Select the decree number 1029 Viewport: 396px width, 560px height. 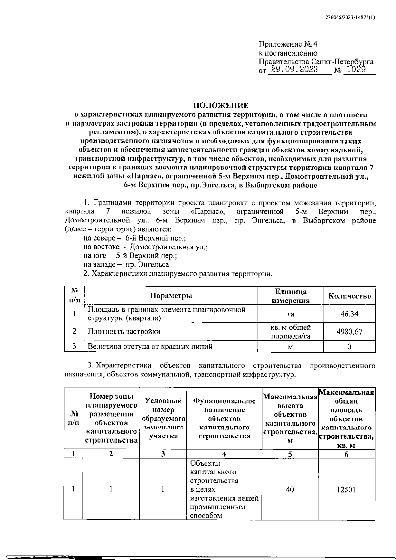[356, 70]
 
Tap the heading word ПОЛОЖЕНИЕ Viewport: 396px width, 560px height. [221, 105]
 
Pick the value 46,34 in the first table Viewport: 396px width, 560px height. [349, 314]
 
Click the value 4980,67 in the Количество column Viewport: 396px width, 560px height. [349, 331]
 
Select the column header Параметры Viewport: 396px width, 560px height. [171, 296]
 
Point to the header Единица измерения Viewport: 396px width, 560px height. [290, 296]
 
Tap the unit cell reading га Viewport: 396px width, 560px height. [290, 314]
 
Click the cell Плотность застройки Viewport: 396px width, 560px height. [124, 331]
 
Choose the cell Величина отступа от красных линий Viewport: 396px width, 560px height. [150, 346]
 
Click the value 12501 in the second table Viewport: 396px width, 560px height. [346, 490]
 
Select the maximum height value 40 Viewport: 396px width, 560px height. [290, 490]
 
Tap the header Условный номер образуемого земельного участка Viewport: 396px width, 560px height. [163, 418]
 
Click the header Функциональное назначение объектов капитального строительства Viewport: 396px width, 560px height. [224, 418]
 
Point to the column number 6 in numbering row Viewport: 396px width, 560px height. [346, 454]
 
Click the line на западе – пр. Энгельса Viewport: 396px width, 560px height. [127, 264]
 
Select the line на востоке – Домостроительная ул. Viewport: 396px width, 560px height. [146, 247]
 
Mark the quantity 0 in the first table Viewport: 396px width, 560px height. [349, 346]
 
